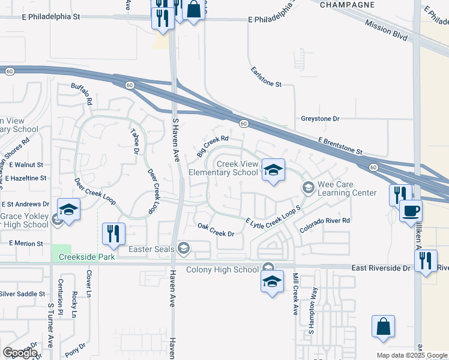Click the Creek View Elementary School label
(x=223, y=168)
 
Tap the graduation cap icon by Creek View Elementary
(x=273, y=171)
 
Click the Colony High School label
(x=222, y=269)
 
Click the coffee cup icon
(x=411, y=211)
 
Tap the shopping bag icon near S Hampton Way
(x=383, y=326)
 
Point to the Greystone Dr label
(x=320, y=119)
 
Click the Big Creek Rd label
(x=212, y=145)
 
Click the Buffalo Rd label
(x=81, y=94)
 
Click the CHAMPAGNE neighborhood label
(x=347, y=5)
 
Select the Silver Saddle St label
(x=23, y=293)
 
